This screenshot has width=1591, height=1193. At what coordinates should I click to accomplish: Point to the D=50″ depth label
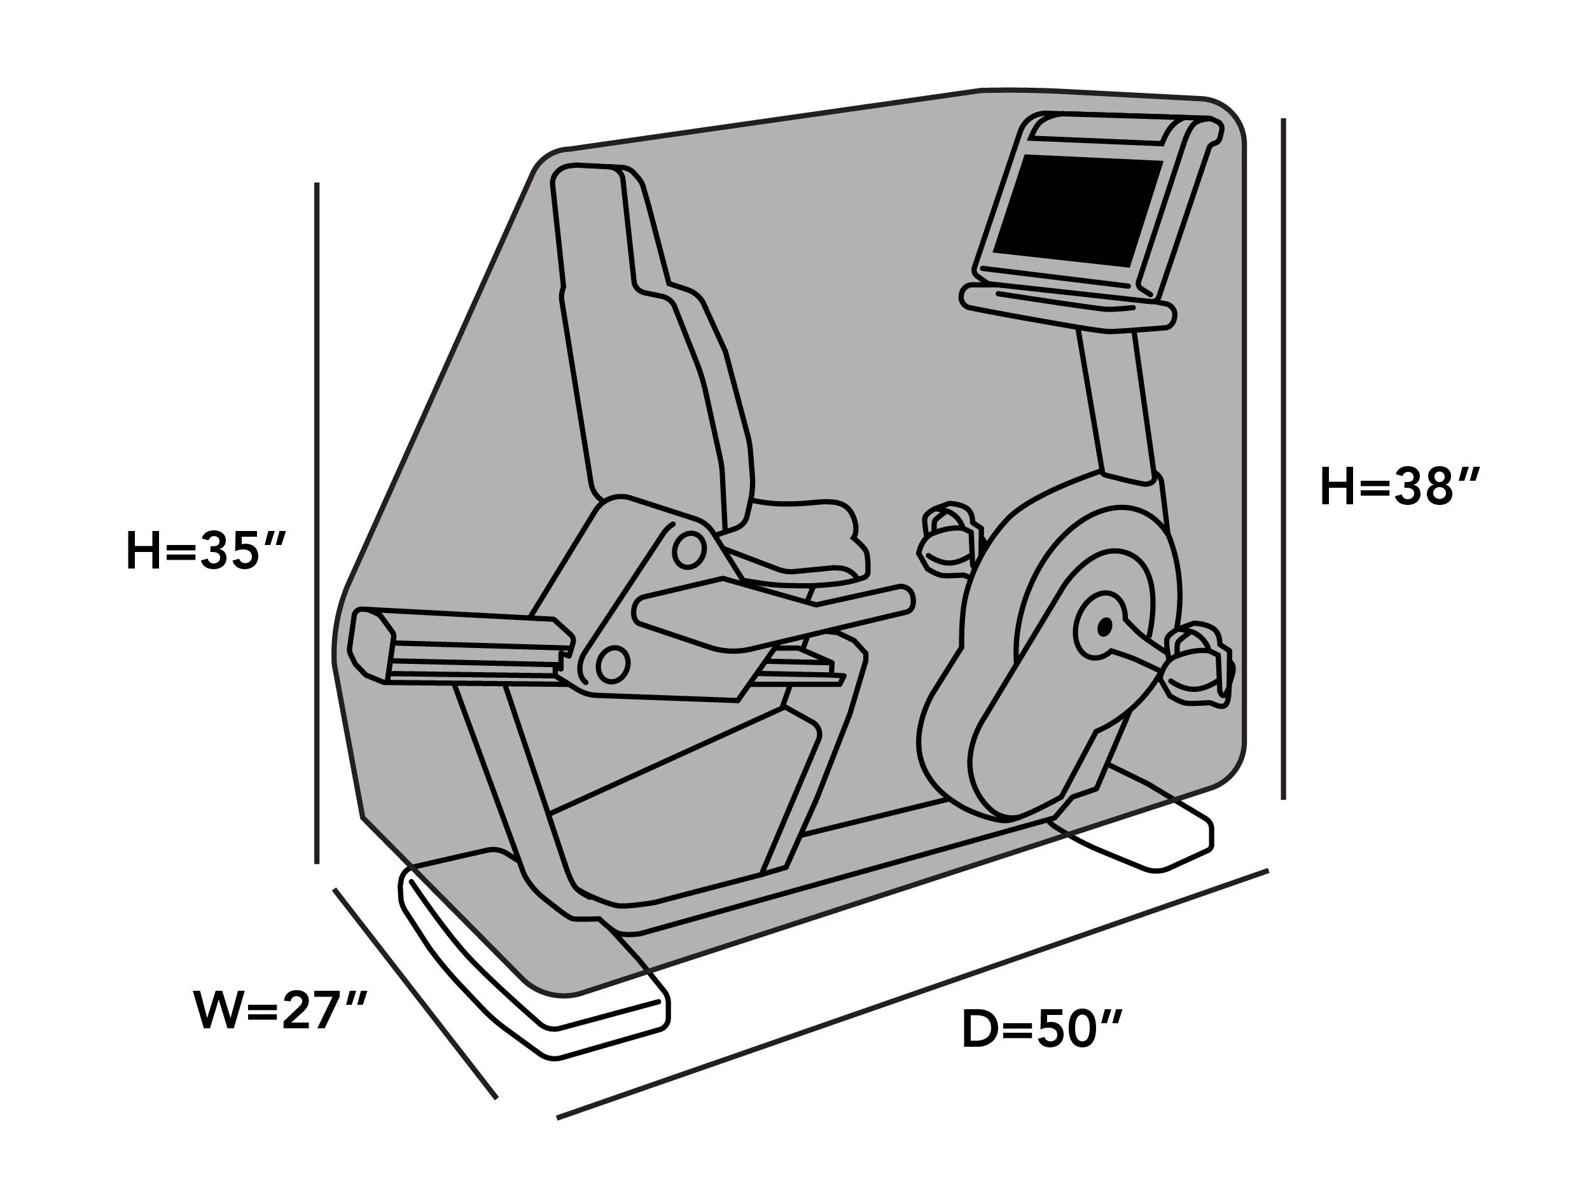click(x=1041, y=1029)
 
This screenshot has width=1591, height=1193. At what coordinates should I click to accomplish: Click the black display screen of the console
click(x=1078, y=211)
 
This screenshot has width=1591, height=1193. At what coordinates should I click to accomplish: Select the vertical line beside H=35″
click(x=316, y=523)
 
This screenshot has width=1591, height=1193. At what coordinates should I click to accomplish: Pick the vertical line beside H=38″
click(x=1283, y=459)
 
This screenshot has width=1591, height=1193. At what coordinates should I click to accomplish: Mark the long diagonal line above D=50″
click(x=912, y=995)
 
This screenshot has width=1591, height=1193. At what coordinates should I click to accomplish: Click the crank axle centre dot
click(x=1104, y=627)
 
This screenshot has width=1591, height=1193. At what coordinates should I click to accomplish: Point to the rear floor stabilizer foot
click(x=1133, y=827)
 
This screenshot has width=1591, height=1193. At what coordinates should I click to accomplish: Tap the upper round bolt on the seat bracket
click(x=688, y=550)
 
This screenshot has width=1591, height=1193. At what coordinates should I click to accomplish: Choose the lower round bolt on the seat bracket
click(x=612, y=663)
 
